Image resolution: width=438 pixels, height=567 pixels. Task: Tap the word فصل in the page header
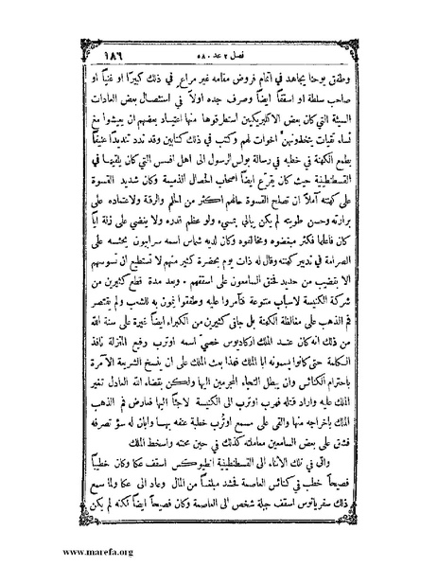pos(237,31)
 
